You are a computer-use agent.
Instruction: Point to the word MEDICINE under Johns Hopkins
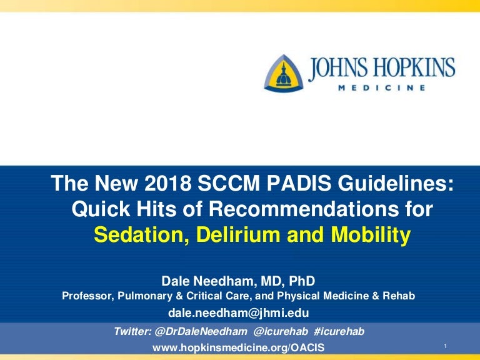pyautogui.click(x=382, y=88)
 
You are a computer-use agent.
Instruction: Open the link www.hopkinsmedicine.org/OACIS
pyautogui.click(x=239, y=347)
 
